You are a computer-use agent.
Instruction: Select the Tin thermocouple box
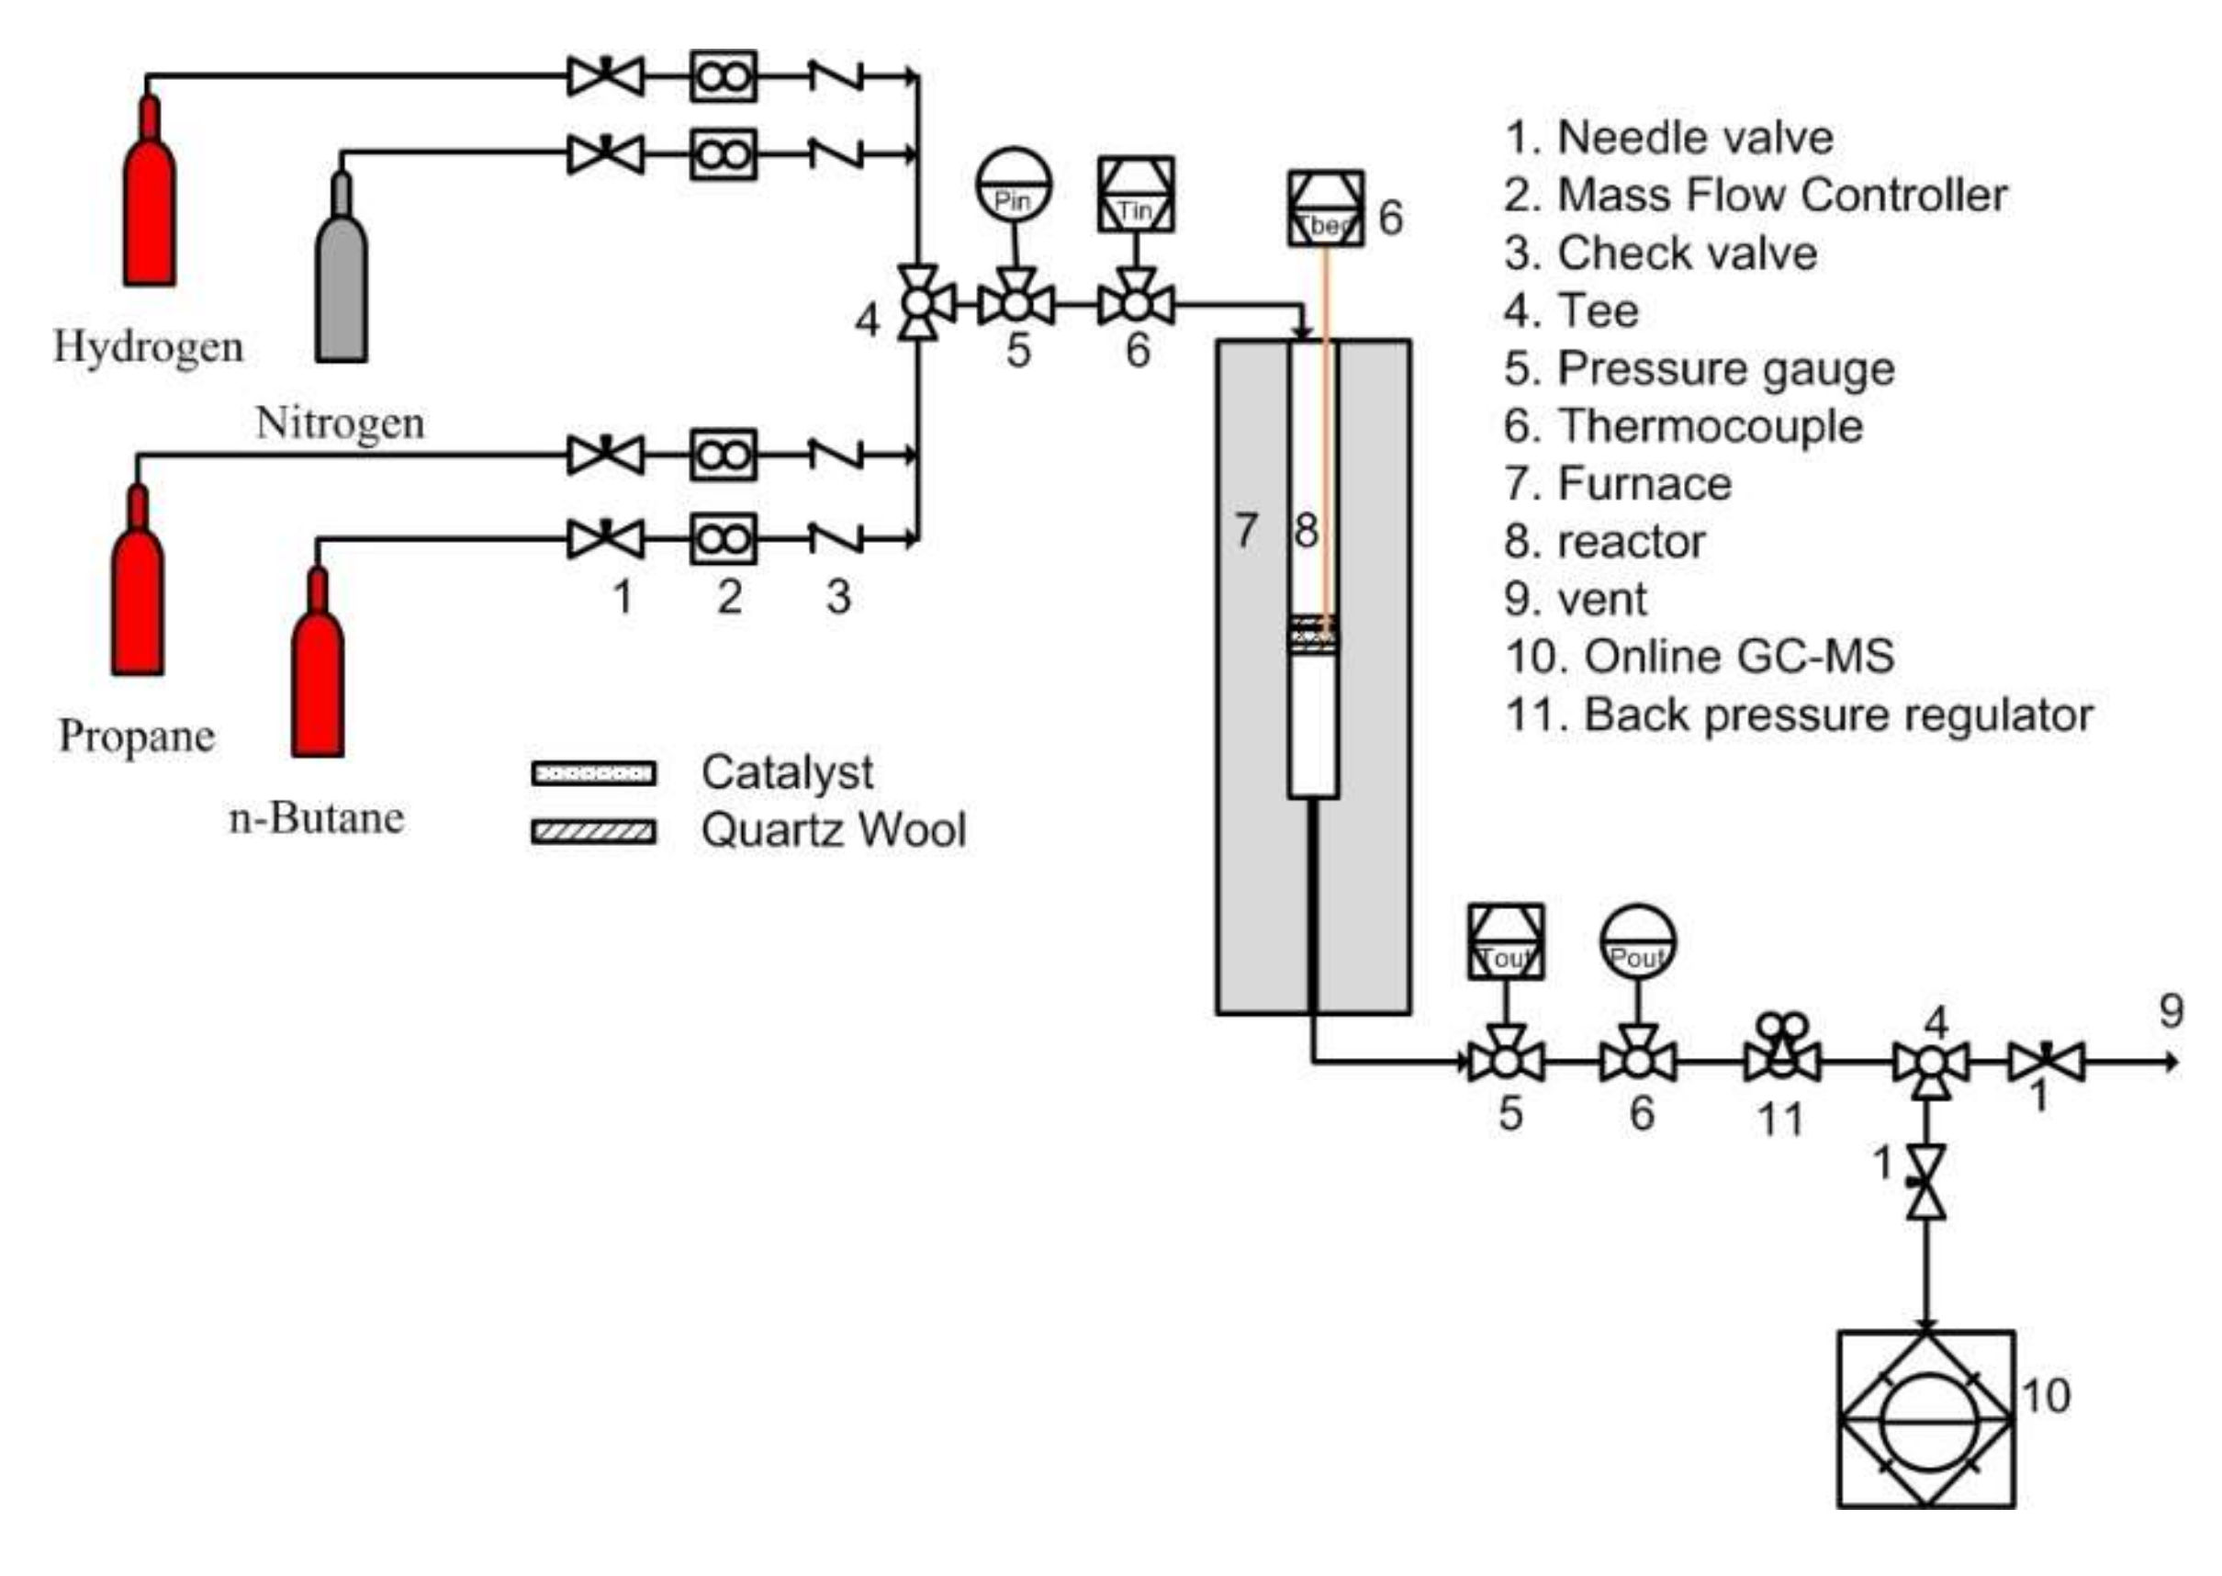tap(1135, 195)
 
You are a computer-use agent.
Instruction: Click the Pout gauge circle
tap(1637, 942)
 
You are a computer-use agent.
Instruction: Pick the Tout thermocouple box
tap(1505, 942)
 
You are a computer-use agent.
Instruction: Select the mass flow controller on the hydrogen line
tap(723, 75)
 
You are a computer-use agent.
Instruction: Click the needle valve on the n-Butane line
tap(605, 538)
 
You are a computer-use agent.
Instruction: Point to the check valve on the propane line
tap(836, 455)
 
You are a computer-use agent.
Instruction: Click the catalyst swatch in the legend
tap(594, 773)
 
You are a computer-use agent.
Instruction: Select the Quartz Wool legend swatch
tap(594, 832)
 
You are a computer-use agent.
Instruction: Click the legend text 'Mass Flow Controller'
tap(1781, 195)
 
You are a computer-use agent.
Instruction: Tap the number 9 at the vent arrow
tap(2171, 1012)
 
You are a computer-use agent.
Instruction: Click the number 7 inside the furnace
tap(1246, 531)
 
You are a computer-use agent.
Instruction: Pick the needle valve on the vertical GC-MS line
tap(1926, 1182)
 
